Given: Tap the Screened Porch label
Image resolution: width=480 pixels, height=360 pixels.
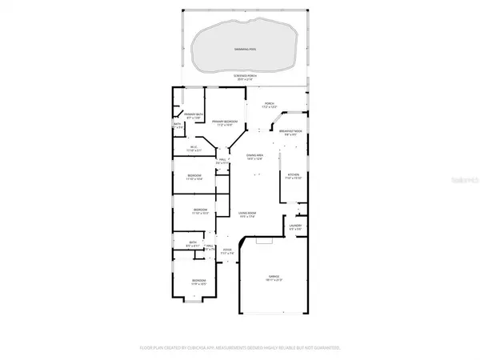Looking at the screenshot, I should pos(244,76).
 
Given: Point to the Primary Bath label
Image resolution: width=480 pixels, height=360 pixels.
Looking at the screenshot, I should pos(194,115).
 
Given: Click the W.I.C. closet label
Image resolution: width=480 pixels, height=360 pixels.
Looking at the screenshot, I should pos(193,147).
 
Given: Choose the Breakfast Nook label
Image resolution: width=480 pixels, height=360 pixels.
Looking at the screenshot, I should pos(290,133).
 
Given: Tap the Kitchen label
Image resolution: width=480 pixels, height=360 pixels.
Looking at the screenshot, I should pos(293,174).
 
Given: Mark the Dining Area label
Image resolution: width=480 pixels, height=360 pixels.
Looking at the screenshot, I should pos(256,155).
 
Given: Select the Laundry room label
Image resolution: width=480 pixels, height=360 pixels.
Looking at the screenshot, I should pos(295,226).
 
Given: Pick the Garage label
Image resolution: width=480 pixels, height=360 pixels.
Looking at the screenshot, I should pos(274,275).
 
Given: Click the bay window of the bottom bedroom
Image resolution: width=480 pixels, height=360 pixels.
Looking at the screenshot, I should pos(194,299).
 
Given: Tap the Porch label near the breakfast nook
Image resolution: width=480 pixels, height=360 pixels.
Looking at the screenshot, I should pos(270,103).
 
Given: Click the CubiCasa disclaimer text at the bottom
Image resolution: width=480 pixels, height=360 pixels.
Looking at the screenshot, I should pos(241,347).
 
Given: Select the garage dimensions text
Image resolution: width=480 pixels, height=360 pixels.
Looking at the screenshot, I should pos(274,280).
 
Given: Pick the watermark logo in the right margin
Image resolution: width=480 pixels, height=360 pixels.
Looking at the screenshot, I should pos(463,182).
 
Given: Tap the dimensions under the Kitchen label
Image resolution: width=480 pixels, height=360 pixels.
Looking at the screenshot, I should pos(293,178).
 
